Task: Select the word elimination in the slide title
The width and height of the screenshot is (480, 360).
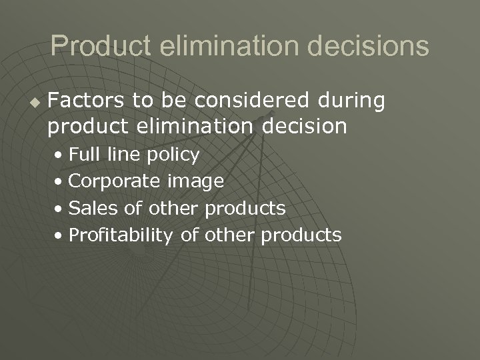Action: [x=229, y=46]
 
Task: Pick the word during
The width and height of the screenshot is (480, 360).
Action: [x=351, y=101]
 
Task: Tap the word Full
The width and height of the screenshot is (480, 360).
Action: [x=83, y=155]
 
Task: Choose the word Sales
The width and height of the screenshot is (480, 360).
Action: [x=94, y=208]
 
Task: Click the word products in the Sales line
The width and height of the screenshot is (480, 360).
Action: [x=245, y=209]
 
